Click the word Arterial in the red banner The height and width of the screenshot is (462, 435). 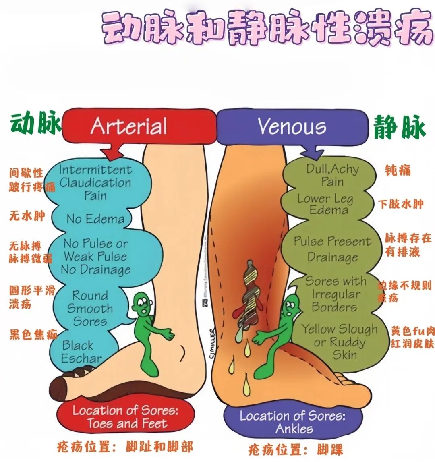[x=129, y=126]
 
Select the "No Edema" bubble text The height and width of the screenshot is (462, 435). [x=95, y=219]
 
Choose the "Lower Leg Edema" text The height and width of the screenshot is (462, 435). [x=325, y=204]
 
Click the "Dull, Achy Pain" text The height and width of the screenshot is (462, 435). [x=332, y=175]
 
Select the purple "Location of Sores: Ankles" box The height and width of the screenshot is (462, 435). [x=293, y=422]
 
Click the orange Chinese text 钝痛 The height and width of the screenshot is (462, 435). [x=398, y=170]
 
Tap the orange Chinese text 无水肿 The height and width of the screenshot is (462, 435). [x=27, y=215]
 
